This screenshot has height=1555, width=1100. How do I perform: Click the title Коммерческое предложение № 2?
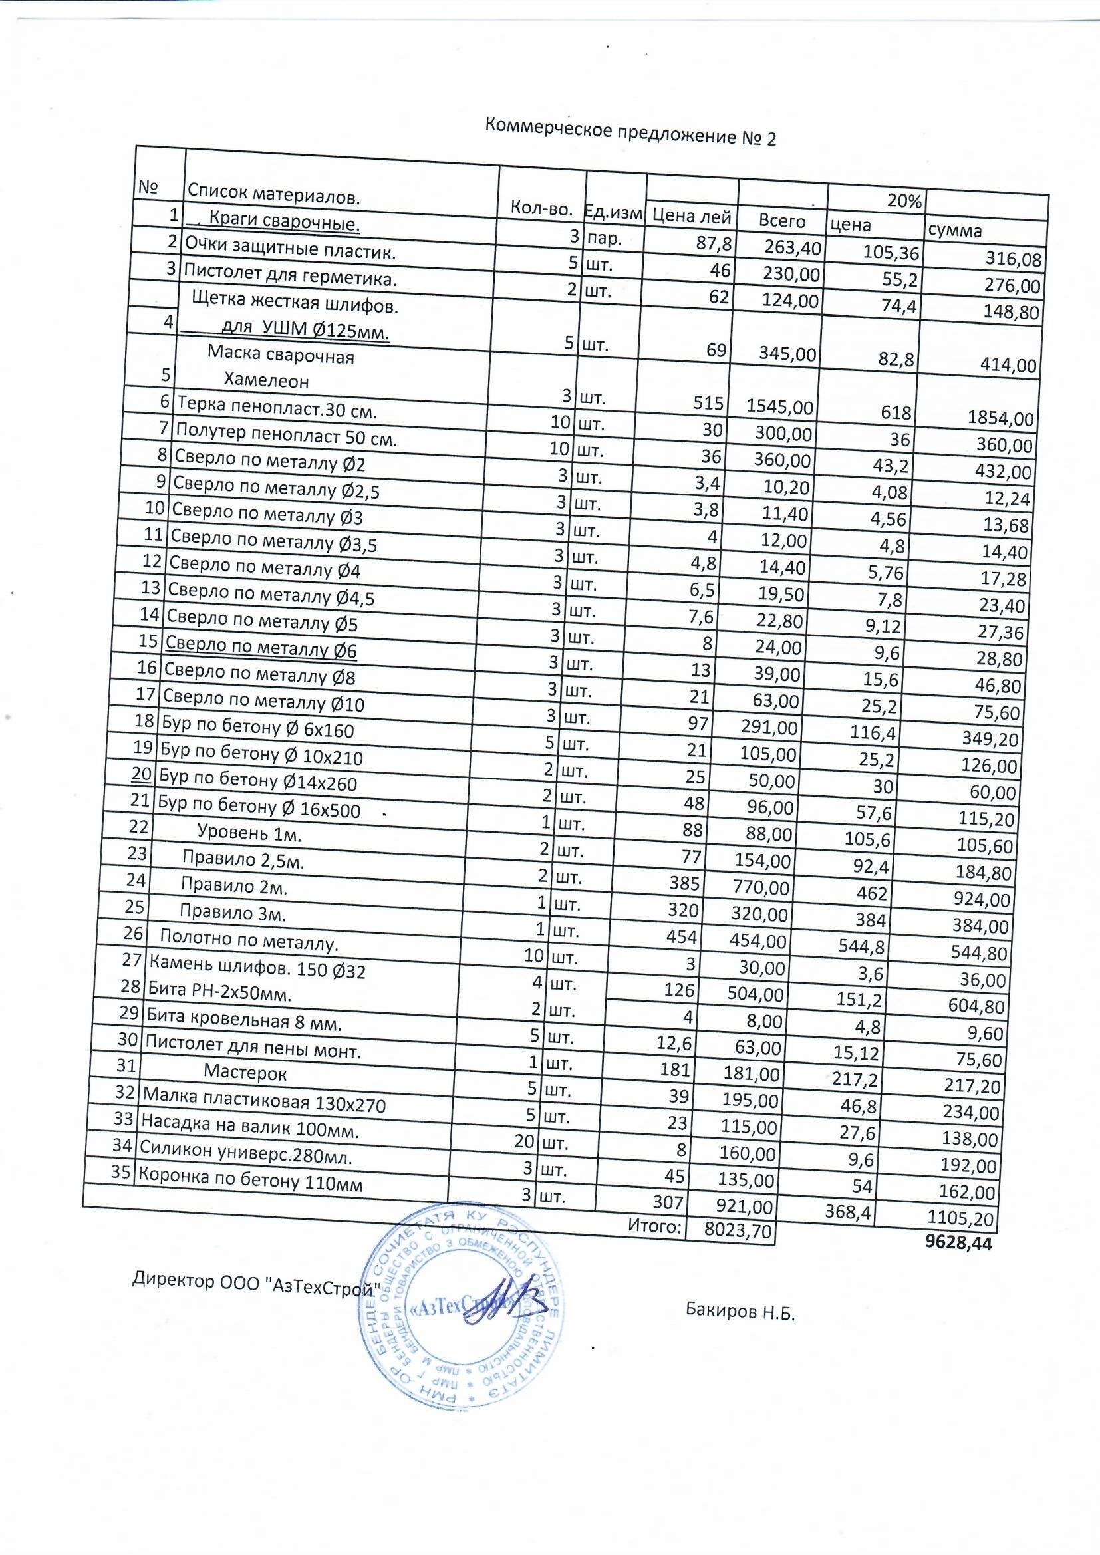click(630, 132)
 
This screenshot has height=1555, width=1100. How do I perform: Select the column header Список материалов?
click(273, 196)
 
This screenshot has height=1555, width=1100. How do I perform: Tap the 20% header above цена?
click(904, 200)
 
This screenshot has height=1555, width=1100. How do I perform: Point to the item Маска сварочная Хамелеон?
click(281, 368)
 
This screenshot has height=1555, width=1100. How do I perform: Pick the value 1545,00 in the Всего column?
click(779, 406)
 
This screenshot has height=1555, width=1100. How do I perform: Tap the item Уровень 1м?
click(249, 833)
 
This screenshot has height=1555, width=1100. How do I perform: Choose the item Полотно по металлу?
click(249, 940)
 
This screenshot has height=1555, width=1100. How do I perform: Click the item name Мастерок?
click(245, 1073)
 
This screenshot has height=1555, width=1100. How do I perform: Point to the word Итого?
click(654, 1225)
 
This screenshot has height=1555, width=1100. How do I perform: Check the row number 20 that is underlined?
click(141, 774)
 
